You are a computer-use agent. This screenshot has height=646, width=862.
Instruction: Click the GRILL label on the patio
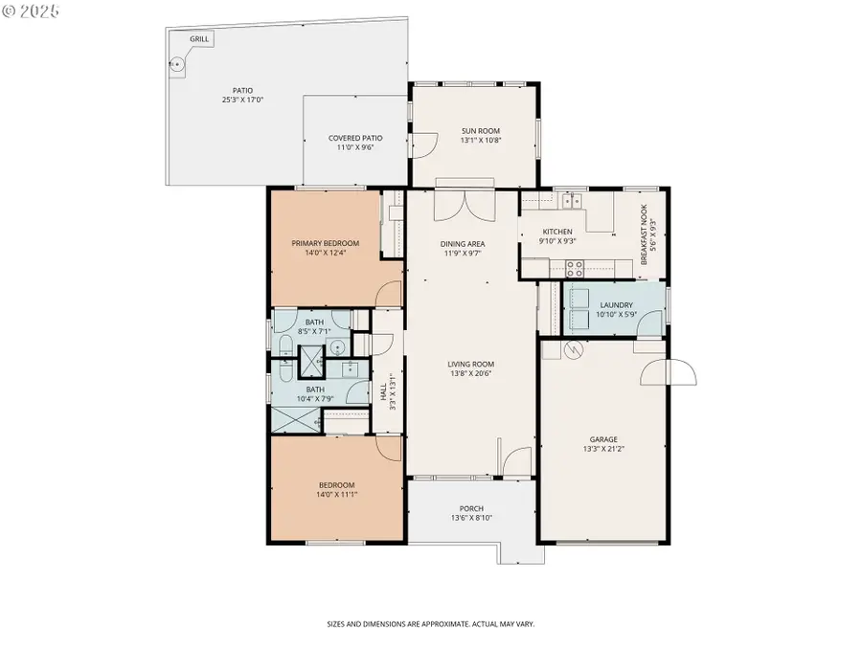tap(199, 39)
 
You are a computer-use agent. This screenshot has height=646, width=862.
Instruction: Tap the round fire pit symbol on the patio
tap(176, 66)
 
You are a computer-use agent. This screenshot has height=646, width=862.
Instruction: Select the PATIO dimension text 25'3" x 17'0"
tap(242, 100)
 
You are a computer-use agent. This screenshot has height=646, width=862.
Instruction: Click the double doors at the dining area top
tap(465, 204)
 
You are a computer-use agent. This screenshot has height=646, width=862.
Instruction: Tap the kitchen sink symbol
tap(572, 200)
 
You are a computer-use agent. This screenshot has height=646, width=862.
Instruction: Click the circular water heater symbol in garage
tap(576, 350)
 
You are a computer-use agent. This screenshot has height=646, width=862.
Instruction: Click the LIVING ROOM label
tap(470, 364)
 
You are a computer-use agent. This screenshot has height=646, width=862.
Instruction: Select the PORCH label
tap(471, 508)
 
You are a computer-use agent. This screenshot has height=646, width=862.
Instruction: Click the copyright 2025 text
tap(31, 12)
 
